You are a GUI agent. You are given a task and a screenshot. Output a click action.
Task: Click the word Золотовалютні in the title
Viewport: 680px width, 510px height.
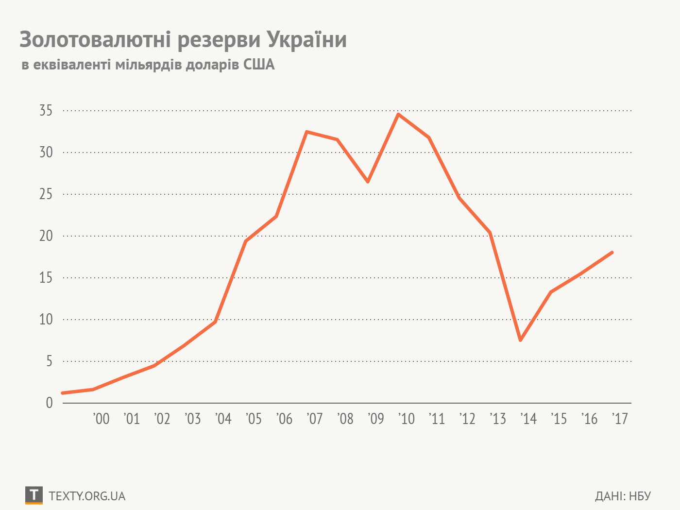95,40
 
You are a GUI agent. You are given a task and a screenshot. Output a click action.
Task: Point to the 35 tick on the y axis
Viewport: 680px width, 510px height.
46,111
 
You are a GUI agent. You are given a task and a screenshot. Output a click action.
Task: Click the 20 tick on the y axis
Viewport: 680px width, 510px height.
46,236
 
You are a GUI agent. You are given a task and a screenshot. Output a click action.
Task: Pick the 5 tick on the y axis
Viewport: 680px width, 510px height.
49,361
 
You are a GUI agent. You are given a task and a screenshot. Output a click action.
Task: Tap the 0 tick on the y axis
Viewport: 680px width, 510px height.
49,403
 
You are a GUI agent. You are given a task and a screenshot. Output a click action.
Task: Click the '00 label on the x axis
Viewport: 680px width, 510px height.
101,419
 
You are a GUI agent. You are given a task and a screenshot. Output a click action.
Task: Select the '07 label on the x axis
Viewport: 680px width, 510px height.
315,419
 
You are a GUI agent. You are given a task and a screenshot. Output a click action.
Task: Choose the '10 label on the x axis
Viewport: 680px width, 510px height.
407,419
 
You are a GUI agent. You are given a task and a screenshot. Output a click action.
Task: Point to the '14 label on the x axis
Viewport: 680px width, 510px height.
528,419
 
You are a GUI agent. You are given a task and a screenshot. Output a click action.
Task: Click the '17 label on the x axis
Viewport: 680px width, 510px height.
620,419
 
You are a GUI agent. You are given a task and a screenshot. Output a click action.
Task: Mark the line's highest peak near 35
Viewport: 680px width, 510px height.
398,115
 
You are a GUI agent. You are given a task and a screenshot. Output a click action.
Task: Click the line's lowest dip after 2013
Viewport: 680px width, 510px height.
520,340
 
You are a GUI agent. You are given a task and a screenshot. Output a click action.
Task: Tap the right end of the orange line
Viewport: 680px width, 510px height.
612,253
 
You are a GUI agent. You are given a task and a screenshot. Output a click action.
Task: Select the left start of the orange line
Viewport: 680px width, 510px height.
63,393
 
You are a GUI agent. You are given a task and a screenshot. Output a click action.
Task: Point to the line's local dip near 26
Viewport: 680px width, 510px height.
368,182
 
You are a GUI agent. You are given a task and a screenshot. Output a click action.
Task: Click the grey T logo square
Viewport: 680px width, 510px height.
34,495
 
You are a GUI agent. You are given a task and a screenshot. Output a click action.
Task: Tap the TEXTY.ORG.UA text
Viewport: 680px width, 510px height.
87,496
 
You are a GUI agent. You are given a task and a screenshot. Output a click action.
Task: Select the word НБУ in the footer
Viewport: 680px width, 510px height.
640,496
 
